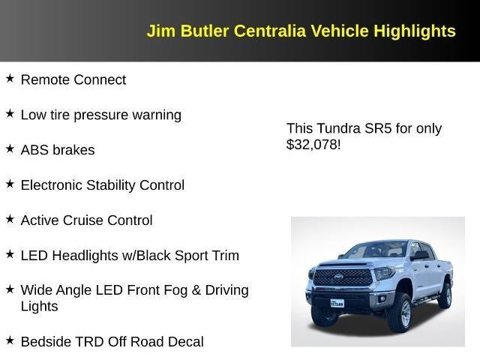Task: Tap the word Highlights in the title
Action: pyautogui.click(x=415, y=31)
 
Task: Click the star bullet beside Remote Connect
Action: pyautogui.click(x=10, y=78)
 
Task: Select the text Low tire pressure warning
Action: pyautogui.click(x=100, y=115)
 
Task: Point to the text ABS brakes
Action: pyautogui.click(x=58, y=150)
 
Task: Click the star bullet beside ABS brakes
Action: pyautogui.click(x=10, y=148)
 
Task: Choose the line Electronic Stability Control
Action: pyautogui.click(x=102, y=185)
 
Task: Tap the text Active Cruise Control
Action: pyautogui.click(x=86, y=220)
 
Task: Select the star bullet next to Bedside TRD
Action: pyautogui.click(x=10, y=340)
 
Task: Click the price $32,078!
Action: pyautogui.click(x=313, y=145)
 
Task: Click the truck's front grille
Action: pyautogui.click(x=342, y=277)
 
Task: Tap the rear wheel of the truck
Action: pyautogui.click(x=445, y=295)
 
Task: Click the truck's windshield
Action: pyautogui.click(x=374, y=250)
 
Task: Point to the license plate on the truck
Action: pyautogui.click(x=337, y=303)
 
